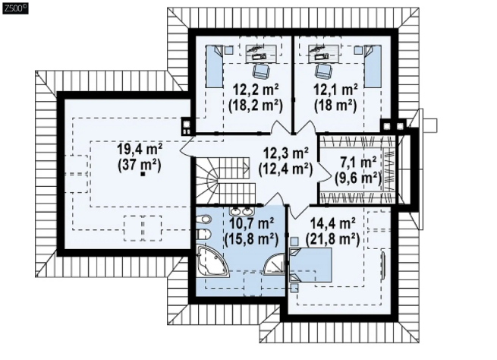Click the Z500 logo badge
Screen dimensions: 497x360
click(15, 8)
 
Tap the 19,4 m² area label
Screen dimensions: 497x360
click(140, 149)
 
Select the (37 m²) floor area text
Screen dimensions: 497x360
click(140, 166)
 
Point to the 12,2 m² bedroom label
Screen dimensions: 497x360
click(256, 89)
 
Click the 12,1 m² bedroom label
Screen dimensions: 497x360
click(335, 89)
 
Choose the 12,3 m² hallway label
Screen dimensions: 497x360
click(286, 153)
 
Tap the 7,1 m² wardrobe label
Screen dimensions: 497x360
click(358, 162)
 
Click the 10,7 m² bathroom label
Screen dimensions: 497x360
click(251, 223)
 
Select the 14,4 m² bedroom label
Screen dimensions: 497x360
click(333, 223)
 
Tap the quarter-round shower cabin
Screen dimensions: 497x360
click(274, 264)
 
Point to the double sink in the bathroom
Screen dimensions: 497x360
click(241, 211)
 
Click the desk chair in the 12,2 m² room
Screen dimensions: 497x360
click(261, 71)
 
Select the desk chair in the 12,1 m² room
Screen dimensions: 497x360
click(322, 71)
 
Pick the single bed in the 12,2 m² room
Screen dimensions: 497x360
click(214, 67)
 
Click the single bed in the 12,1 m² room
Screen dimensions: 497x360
click(373, 66)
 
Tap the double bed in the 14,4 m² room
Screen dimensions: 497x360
click(310, 265)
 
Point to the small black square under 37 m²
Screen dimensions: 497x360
click(143, 174)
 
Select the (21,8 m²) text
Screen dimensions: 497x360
click(333, 239)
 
